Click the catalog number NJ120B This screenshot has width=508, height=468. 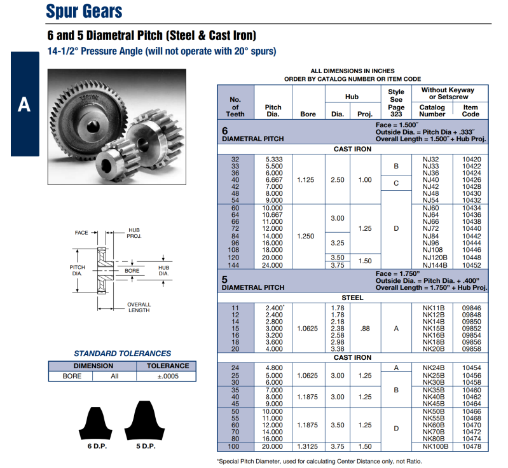coord(435,258)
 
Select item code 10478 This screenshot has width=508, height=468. coord(471,446)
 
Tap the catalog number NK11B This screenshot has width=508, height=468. coord(433,307)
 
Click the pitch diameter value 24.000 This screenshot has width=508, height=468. coord(273,265)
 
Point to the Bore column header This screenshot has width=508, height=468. coord(308,114)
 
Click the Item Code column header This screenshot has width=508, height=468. coord(470,111)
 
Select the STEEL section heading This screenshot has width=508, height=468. coord(352,297)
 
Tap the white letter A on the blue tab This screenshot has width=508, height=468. coord(24,105)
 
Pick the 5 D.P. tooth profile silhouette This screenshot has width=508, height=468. coord(146,420)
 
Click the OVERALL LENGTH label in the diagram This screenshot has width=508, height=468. coord(139,308)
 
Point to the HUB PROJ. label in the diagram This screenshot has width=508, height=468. coord(134,233)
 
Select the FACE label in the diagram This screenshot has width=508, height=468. coord(81,233)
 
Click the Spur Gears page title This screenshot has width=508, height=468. coord(84,11)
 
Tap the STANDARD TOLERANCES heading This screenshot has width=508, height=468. coord(122,354)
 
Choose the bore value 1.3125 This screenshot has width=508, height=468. coord(308,446)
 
